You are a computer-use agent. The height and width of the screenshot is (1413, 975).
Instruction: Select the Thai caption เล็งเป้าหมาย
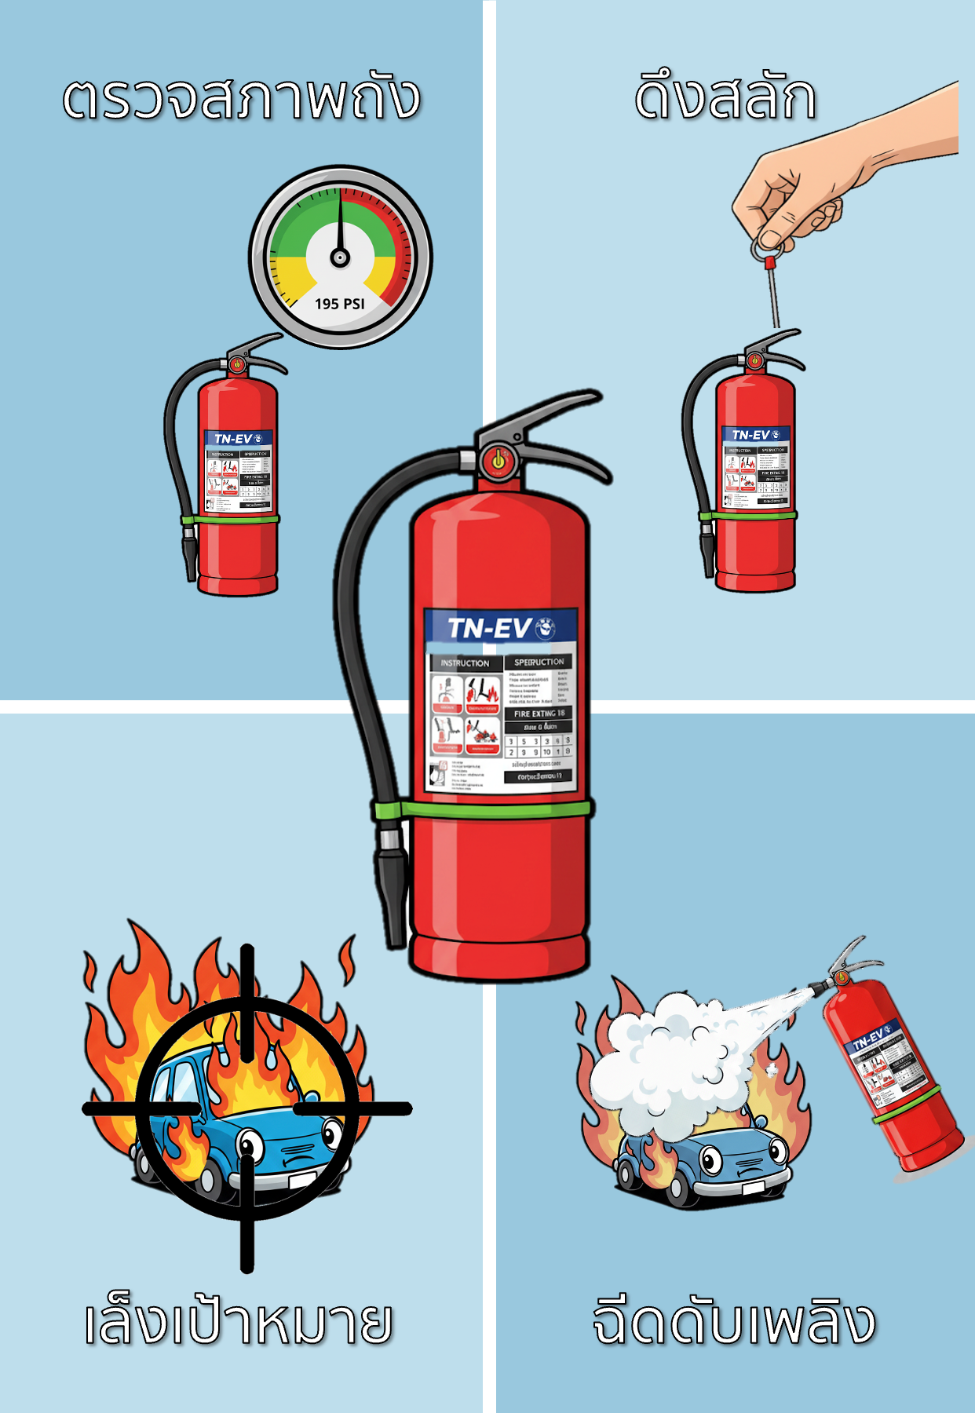239,1322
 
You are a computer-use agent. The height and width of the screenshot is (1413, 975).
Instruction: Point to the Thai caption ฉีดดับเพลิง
733,1322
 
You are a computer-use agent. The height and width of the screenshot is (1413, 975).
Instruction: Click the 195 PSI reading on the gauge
340,304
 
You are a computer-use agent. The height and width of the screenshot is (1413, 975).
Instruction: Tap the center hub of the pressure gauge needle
340,257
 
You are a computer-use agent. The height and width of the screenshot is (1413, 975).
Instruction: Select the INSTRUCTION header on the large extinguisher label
465,663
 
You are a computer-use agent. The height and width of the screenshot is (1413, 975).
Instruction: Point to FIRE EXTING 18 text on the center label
539,714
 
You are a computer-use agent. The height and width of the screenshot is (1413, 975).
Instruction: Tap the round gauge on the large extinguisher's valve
498,460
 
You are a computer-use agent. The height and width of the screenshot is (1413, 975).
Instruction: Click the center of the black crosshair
247,1108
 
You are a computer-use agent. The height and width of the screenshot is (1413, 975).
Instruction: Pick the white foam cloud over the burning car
675,1060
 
